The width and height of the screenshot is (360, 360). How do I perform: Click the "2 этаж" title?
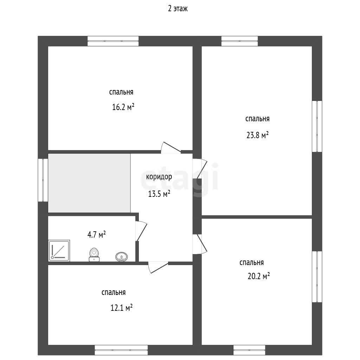pyautogui.click(x=178, y=9)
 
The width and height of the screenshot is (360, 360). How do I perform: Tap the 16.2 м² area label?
pyautogui.click(x=123, y=107)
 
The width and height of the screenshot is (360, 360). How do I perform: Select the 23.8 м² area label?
pyautogui.click(x=257, y=135)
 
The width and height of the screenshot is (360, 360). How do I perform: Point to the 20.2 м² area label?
pyautogui.click(x=258, y=276)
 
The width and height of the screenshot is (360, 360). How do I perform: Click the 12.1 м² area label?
pyautogui.click(x=121, y=307)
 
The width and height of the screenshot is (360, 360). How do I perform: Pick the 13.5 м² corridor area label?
pyautogui.click(x=159, y=194)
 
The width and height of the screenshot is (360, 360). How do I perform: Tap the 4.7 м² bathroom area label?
pyautogui.click(x=96, y=234)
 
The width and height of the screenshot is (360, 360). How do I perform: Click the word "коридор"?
pyautogui.click(x=159, y=177)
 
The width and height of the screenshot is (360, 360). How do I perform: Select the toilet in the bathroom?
pyautogui.click(x=94, y=255)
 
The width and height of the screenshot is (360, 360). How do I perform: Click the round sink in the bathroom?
pyautogui.click(x=122, y=257)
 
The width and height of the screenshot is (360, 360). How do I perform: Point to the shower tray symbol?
pyautogui.click(x=59, y=251)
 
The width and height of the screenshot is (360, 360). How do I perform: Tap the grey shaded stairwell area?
pyautogui.click(x=89, y=183)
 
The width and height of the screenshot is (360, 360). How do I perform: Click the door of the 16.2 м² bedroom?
pyautogui.click(x=171, y=148)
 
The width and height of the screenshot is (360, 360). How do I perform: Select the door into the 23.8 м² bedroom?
pyautogui.click(x=200, y=169)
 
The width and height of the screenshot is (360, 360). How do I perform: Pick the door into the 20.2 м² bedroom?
pyautogui.click(x=200, y=244)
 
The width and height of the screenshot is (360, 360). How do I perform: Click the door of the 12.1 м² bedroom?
pyautogui.click(x=158, y=268)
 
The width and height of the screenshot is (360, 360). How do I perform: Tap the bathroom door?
pyautogui.click(x=141, y=231)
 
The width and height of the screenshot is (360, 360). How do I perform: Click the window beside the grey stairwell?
pyautogui.click(x=43, y=180)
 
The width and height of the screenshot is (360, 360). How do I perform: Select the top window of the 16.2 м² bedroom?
pyautogui.click(x=113, y=41)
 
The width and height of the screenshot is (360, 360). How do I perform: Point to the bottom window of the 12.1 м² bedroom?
pyautogui.click(x=121, y=350)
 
